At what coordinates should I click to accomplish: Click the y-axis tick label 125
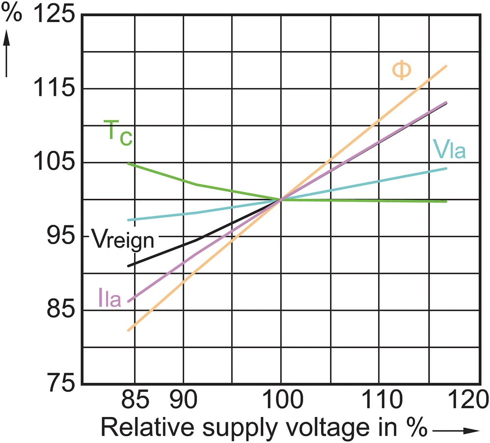(54, 14)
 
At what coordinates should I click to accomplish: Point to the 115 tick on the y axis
(54, 88)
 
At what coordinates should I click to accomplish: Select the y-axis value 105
(54, 162)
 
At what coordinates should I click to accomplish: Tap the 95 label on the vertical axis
(60, 236)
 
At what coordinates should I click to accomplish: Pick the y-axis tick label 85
(60, 309)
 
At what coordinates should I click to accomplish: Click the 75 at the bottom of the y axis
(60, 384)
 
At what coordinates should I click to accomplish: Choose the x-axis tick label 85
(135, 399)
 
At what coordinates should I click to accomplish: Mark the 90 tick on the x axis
(184, 399)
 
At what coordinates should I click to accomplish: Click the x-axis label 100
(282, 399)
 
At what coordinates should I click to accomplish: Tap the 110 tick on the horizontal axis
(381, 399)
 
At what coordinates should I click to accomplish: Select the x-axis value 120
(468, 399)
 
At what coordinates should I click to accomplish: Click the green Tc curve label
(118, 133)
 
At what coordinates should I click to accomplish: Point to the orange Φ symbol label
(402, 70)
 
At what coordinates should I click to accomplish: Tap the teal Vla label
(449, 149)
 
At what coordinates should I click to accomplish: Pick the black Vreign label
(123, 240)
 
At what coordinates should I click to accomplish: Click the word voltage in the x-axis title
(327, 428)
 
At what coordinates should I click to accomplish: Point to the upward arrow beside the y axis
(6, 54)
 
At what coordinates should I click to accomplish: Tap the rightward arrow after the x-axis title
(456, 431)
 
